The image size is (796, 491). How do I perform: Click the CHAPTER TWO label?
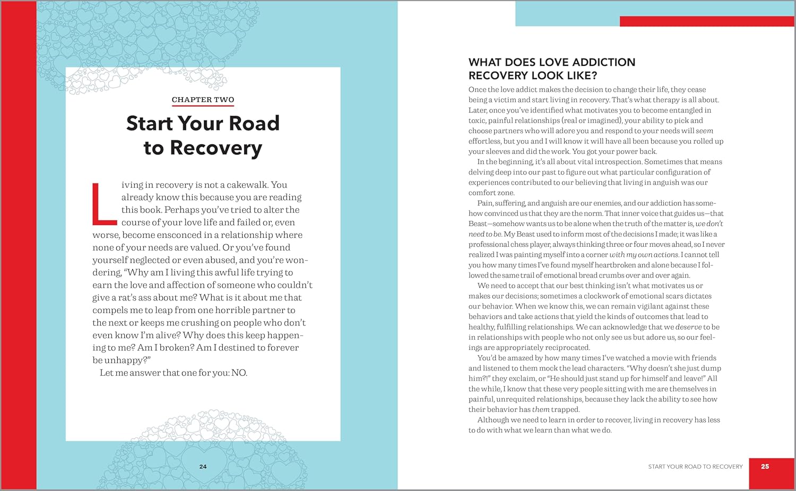point(203,100)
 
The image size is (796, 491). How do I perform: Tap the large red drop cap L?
point(104,204)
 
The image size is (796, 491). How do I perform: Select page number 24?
point(203,467)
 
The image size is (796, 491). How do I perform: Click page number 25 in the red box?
point(765,467)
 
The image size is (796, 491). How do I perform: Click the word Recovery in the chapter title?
point(216,148)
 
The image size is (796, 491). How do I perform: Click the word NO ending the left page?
point(239,373)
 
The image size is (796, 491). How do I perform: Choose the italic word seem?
point(704,131)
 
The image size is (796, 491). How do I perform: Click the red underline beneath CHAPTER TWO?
point(203,106)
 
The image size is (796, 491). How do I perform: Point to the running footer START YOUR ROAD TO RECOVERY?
point(695,467)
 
